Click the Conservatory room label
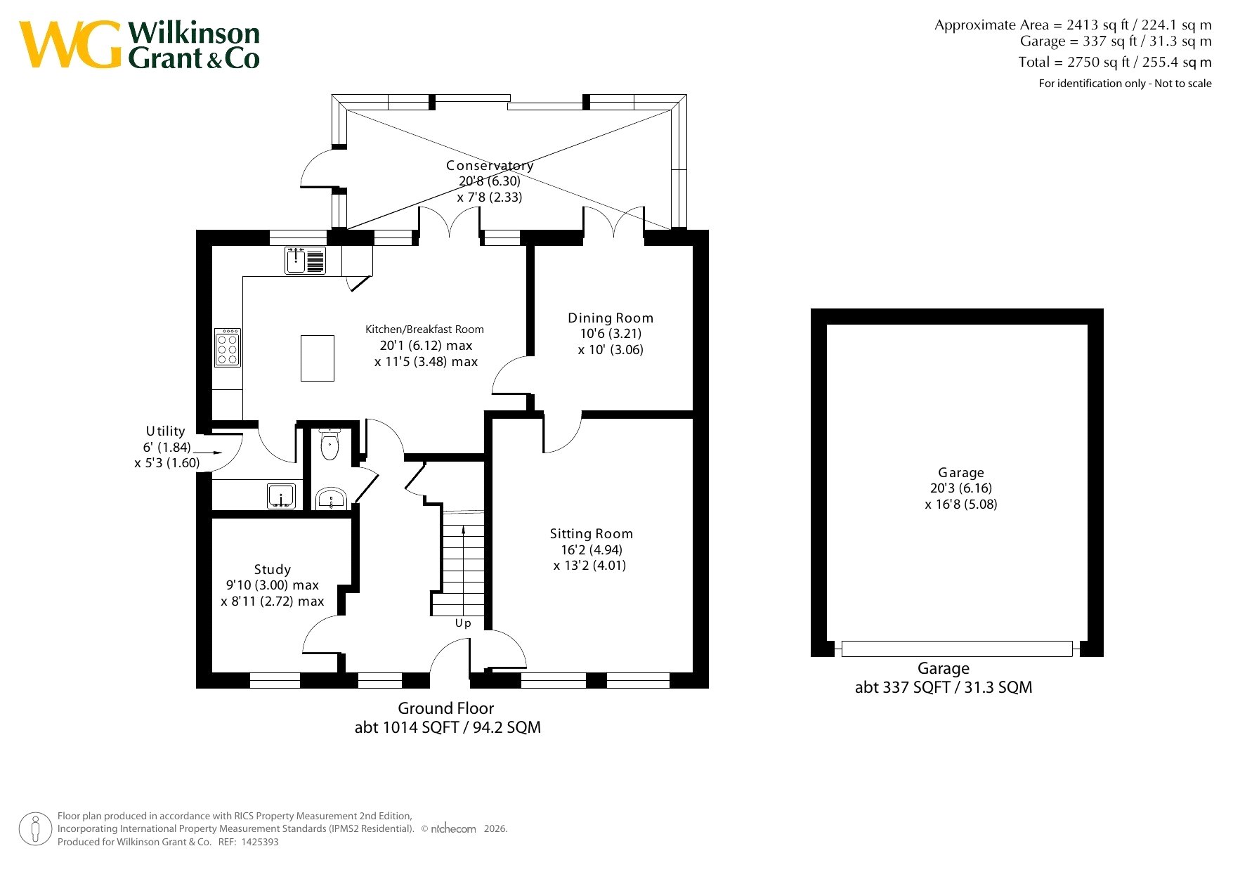490,166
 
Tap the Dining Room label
611,318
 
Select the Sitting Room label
592,534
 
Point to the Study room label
273,570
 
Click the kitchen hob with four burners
228,347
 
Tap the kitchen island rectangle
318,358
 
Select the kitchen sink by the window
306,261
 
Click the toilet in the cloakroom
330,443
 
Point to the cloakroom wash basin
330,498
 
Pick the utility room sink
281,496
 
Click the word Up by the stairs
463,623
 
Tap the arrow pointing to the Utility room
207,453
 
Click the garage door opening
957,649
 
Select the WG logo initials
70,45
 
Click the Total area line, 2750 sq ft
1115,62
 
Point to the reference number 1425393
259,842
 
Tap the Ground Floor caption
446,708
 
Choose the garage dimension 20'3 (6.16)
961,488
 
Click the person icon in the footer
35,829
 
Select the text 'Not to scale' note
1183,84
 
